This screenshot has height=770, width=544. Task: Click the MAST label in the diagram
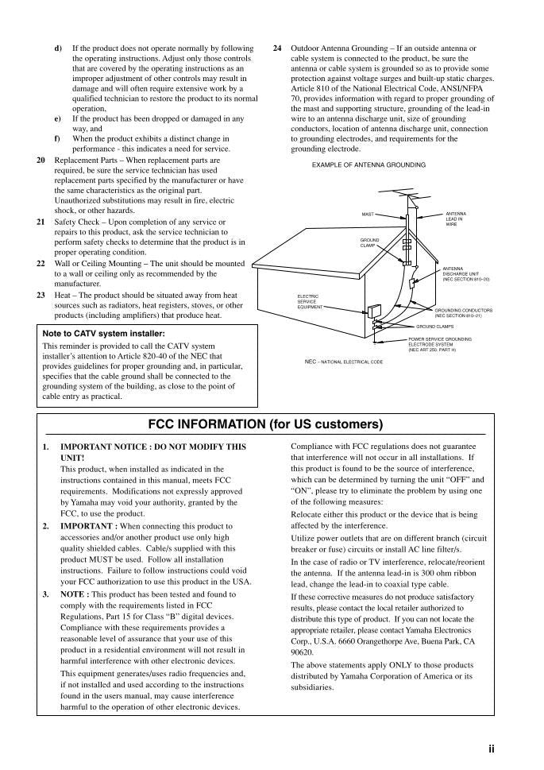pos(368,214)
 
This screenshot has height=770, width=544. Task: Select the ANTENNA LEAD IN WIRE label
pos(456,219)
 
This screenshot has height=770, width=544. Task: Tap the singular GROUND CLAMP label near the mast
pos(369,242)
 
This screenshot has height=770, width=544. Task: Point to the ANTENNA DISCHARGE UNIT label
pos(465,275)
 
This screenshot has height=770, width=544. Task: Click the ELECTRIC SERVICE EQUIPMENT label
pos(310,301)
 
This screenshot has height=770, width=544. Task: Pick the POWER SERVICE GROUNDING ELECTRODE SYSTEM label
pos(439,344)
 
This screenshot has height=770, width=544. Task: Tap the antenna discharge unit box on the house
pos(413,283)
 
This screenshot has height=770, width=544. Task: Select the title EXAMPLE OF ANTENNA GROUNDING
pos(368,165)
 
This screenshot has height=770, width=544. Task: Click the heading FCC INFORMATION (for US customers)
pos(265,424)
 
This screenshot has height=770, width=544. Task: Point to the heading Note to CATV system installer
pos(103,334)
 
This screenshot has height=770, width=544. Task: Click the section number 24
pos(277,48)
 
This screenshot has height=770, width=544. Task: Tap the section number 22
pos(41,263)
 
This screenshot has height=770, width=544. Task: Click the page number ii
pos(492,749)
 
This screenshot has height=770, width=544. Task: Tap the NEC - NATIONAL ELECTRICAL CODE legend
pos(343,362)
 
